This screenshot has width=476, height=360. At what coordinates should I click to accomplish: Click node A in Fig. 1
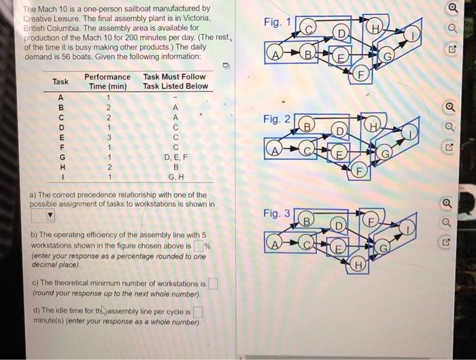click(275, 54)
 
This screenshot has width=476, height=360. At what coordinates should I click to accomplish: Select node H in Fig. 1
click(375, 29)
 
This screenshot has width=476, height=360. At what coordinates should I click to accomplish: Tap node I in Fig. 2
click(410, 133)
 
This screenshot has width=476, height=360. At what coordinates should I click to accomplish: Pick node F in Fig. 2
click(360, 171)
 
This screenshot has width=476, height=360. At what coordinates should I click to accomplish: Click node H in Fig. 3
click(358, 265)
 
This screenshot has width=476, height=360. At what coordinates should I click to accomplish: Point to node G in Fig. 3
click(383, 248)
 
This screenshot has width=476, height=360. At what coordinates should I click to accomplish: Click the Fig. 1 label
click(277, 22)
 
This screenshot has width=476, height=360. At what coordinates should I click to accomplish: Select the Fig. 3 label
click(277, 213)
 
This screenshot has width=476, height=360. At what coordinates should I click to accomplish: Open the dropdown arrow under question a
click(50, 216)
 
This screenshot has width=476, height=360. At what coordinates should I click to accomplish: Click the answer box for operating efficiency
click(199, 246)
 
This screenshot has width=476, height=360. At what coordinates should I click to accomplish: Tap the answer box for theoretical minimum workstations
click(213, 284)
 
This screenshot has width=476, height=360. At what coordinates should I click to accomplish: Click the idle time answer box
click(198, 312)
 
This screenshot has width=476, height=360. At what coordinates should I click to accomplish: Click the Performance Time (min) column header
click(107, 82)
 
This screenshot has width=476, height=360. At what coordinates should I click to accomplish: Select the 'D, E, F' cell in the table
click(175, 157)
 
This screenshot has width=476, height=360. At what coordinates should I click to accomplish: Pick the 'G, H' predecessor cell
click(176, 177)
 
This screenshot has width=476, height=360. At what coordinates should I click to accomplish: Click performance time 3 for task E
click(109, 137)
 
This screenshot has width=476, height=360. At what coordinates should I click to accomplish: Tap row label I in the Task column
click(63, 177)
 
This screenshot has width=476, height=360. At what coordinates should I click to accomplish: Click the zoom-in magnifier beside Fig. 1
click(454, 8)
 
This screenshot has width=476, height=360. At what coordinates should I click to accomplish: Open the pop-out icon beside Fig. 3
click(445, 242)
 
